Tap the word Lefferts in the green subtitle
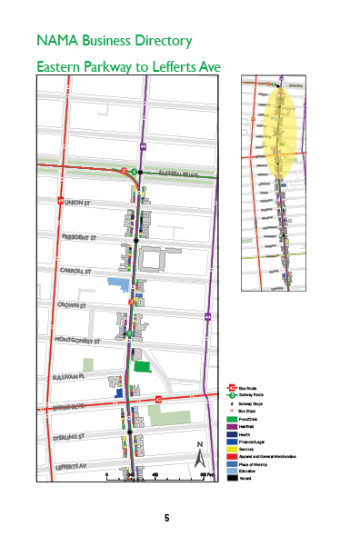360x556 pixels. pyautogui.click(x=165, y=67)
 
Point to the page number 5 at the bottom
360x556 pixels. pyautogui.click(x=166, y=518)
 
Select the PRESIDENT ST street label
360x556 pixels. pyautogui.click(x=81, y=237)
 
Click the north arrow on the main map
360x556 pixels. pyautogui.click(x=200, y=454)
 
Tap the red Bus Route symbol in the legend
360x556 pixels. pyautogui.click(x=232, y=387)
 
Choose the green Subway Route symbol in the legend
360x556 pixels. pyautogui.click(x=232, y=396)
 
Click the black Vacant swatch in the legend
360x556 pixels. pyautogui.click(x=232, y=478)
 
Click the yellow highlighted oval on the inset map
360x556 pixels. pyautogui.click(x=279, y=133)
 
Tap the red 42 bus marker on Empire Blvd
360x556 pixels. pyautogui.click(x=158, y=399)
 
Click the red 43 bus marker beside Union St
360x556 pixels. pyautogui.click(x=61, y=201)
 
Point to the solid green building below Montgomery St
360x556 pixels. pyautogui.click(x=142, y=365)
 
